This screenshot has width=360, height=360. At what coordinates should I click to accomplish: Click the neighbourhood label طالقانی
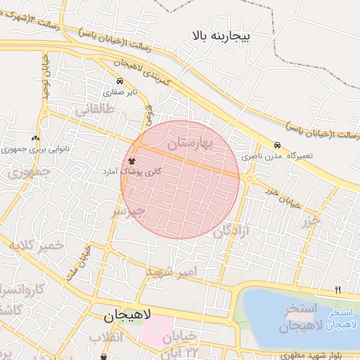click(x=94, y=109)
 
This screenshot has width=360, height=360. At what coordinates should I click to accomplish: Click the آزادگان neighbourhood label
click(x=233, y=227)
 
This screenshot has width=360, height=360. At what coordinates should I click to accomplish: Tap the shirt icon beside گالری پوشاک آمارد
click(x=132, y=161)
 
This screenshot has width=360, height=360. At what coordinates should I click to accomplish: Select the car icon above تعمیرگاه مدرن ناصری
click(x=278, y=145)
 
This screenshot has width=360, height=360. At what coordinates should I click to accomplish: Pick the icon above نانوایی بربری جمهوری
click(x=35, y=139)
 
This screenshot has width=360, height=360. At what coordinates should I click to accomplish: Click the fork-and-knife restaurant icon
click(x=338, y=290)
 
